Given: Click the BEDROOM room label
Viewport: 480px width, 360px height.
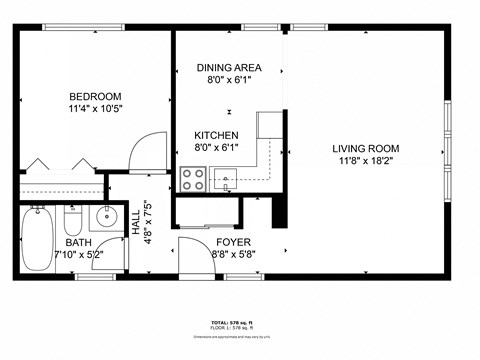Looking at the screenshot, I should pyautogui.click(x=95, y=96).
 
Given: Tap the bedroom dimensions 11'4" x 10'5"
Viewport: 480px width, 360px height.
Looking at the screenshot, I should pyautogui.click(x=95, y=109).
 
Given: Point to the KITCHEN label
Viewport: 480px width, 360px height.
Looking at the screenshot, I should pyautogui.click(x=216, y=135).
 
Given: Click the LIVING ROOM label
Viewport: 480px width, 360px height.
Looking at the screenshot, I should pyautogui.click(x=365, y=149).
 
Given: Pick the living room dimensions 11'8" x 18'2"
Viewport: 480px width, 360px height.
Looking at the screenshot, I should pyautogui.click(x=365, y=162).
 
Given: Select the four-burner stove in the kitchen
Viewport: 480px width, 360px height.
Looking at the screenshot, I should pyautogui.click(x=192, y=179).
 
